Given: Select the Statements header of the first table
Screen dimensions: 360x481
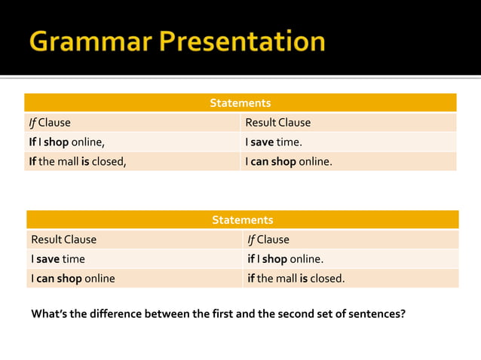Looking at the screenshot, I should [x=240, y=102].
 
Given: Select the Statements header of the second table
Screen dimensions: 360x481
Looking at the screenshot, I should [x=242, y=220].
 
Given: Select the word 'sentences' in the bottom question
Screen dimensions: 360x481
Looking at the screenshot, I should [x=374, y=313].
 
